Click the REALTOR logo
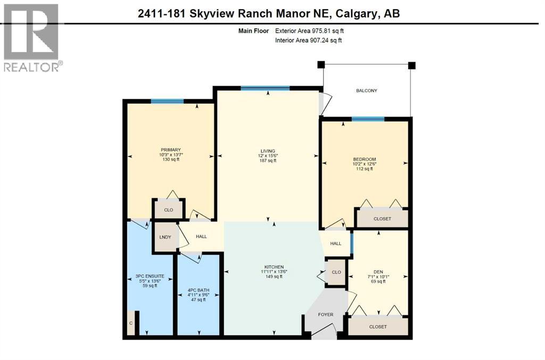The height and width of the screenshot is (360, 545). coord(31,37)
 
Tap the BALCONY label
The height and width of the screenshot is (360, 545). coord(367,91)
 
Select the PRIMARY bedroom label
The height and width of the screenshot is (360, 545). coord(171,150)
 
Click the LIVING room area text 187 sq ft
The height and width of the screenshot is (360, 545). coord(268,161)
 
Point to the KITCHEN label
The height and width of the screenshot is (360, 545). coord(275,266)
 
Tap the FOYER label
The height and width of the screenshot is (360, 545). coord(325,314)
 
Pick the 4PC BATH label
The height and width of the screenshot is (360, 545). coord(198,290)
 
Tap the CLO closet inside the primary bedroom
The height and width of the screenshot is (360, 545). coord(168,210)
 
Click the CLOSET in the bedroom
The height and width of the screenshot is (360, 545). coord(382,219)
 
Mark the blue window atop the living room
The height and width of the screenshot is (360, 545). coord(265,88)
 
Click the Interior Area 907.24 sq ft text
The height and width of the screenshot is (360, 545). coord(308,40)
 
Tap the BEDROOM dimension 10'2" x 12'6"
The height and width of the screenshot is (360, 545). coord(365,165)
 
